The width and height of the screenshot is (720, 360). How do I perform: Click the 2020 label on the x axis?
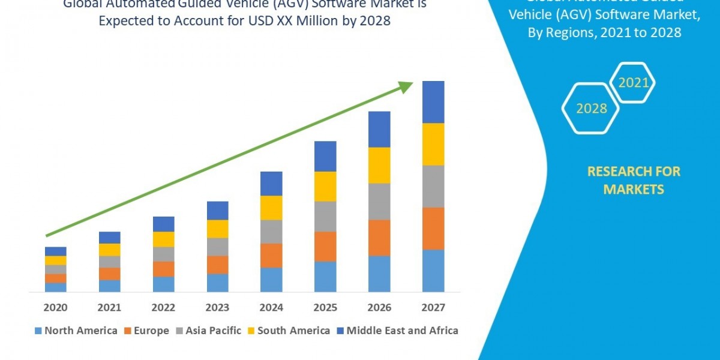tap(55, 308)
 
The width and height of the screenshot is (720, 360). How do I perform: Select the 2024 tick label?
tap(271, 308)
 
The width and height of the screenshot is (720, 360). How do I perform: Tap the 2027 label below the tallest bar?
tap(433, 308)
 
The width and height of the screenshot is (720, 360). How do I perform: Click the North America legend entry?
tap(76, 331)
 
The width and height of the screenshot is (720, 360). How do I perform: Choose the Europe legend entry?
tap(147, 331)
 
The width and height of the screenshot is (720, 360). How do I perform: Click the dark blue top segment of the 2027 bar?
tap(433, 102)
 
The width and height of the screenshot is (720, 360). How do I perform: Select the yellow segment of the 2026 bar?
tap(379, 165)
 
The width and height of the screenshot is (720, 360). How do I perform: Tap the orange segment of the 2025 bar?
tap(325, 246)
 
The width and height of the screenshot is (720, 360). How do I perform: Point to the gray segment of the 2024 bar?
tap(271, 232)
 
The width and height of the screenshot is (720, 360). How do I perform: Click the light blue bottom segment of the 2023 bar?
tap(217, 283)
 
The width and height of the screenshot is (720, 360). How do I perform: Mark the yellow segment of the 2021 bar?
tap(109, 250)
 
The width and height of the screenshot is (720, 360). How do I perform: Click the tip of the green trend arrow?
tap(412, 83)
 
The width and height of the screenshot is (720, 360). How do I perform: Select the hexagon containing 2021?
tap(633, 83)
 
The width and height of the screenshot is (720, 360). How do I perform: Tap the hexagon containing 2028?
tap(591, 109)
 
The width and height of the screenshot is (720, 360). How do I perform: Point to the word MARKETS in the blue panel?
tap(633, 190)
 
